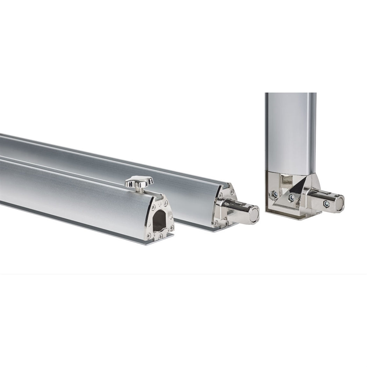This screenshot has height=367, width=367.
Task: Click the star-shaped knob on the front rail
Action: (139, 181)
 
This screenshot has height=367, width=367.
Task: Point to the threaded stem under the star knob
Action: (139, 190)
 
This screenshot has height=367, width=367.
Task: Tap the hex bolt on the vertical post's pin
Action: (326, 204)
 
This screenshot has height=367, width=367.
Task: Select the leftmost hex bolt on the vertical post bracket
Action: (275, 194)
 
